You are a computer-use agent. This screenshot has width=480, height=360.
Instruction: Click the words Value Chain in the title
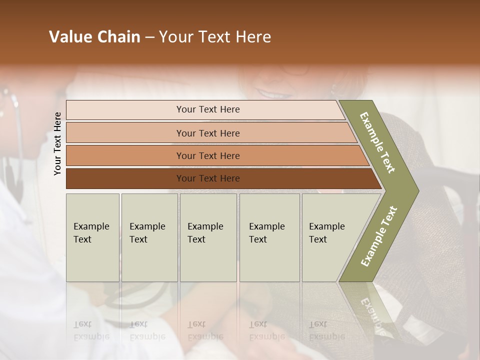(x=94, y=37)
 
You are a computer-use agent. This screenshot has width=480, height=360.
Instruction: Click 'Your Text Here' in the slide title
(x=215, y=37)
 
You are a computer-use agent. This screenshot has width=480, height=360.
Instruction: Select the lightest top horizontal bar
(x=207, y=109)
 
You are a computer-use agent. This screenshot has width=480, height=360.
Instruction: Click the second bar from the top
(x=207, y=133)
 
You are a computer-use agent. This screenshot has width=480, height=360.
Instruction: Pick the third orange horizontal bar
(x=207, y=155)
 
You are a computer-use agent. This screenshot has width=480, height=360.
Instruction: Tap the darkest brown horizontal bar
(x=207, y=178)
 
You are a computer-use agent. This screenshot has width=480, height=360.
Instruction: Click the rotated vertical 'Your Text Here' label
(x=57, y=143)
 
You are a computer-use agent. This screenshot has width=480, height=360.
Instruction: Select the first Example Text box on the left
(x=92, y=237)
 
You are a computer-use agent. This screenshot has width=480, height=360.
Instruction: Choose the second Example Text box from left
(x=149, y=237)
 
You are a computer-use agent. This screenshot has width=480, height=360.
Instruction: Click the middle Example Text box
(x=208, y=237)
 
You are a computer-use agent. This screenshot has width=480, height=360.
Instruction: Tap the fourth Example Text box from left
(x=269, y=237)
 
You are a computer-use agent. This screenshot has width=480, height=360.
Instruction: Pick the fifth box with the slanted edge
(x=330, y=237)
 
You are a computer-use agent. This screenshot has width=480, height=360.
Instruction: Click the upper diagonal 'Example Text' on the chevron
(x=377, y=142)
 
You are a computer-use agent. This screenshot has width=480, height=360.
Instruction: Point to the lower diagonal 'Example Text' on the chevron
(x=378, y=236)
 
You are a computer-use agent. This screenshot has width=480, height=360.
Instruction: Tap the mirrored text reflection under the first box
(x=91, y=330)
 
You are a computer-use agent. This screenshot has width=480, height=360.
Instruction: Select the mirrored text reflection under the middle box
(x=205, y=330)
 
